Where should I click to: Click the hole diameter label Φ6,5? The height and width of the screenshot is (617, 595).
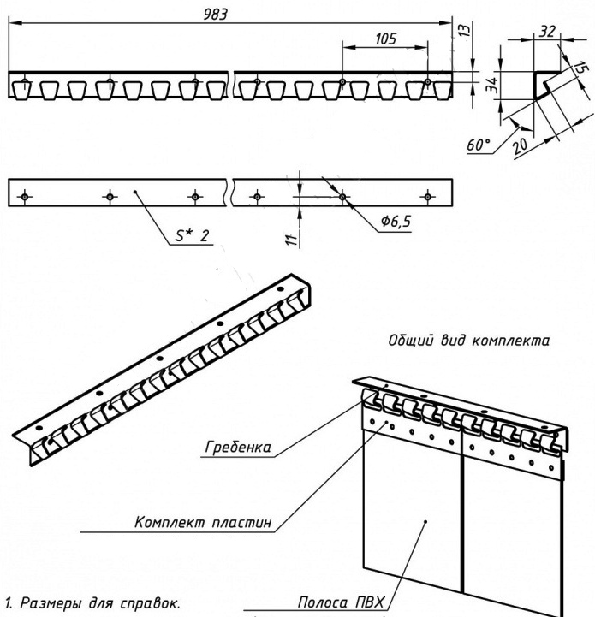click(x=396, y=221)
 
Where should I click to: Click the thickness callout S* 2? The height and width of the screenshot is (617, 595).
click(x=193, y=236)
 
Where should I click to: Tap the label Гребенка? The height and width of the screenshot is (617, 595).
click(x=238, y=446)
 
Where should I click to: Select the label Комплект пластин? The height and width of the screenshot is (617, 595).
click(x=207, y=521)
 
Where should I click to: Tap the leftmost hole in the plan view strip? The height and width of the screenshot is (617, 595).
click(x=25, y=197)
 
